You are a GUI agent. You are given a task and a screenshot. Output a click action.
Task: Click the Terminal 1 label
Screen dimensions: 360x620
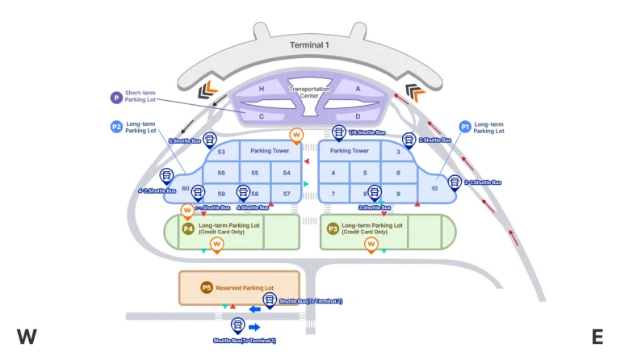[x=309, y=45]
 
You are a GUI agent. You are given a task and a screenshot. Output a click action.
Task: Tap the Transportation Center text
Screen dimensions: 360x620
[x=309, y=92]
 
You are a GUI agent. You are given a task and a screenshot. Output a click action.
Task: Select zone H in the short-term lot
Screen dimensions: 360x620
[x=262, y=88]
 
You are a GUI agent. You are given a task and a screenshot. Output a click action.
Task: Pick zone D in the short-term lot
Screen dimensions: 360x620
[x=358, y=115]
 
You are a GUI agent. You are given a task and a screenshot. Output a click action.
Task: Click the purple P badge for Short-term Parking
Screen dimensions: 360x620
[x=115, y=97]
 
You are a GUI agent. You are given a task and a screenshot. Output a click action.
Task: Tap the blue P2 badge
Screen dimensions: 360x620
[x=115, y=127]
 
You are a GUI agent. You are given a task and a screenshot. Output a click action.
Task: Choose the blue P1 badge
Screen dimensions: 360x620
[x=464, y=127]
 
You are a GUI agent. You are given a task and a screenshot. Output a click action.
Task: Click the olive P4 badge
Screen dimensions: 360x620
[x=187, y=229]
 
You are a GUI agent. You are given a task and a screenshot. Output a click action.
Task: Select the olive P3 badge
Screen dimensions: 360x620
[x=332, y=229]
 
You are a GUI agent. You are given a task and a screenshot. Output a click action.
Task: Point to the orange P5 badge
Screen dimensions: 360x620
[x=206, y=287]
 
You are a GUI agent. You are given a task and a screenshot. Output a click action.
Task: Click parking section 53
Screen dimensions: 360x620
[x=221, y=151]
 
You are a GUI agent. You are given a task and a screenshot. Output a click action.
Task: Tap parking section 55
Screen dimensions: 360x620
[x=254, y=173]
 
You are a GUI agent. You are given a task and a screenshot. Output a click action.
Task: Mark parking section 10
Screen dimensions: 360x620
[x=434, y=188]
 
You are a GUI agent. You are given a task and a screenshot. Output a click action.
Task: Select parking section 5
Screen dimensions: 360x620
[x=365, y=173]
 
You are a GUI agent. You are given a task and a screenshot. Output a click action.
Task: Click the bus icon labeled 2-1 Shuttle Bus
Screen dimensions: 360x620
[x=455, y=182]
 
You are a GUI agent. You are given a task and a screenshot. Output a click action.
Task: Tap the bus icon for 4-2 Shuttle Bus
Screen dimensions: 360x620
[x=167, y=175]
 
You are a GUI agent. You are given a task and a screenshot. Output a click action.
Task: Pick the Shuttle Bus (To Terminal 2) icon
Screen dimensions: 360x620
[x=270, y=299]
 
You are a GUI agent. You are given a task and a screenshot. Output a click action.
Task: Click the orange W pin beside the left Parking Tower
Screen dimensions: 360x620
[x=296, y=135]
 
